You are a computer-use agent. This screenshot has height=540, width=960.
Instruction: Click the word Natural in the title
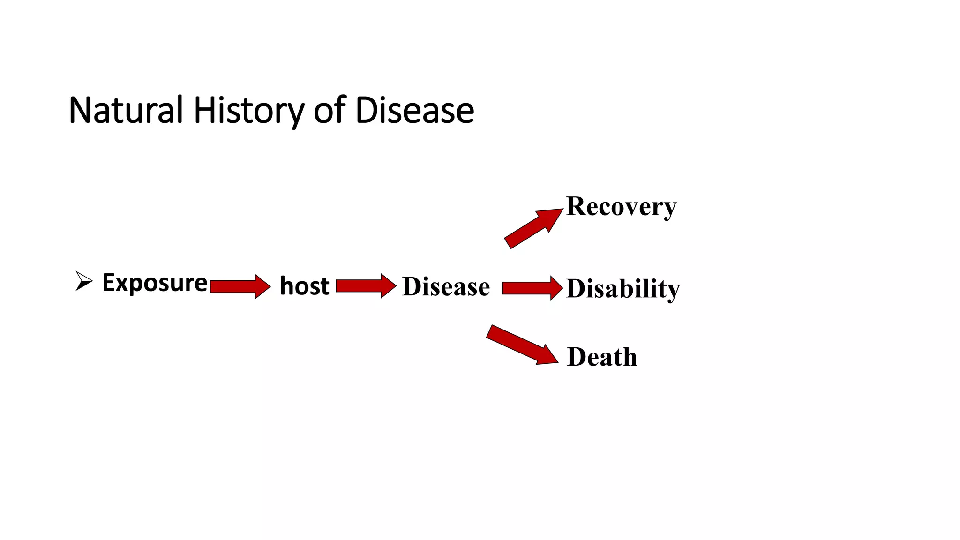click(x=125, y=111)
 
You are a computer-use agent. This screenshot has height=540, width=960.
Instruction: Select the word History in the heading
click(x=249, y=111)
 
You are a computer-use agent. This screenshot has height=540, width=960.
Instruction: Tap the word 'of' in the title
click(x=330, y=111)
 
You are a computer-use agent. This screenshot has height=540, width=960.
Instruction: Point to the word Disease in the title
click(x=415, y=111)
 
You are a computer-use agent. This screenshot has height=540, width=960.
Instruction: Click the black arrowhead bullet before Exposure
click(x=83, y=281)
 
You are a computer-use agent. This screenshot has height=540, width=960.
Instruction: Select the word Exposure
click(x=155, y=283)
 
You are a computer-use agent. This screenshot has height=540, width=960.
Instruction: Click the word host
click(x=304, y=286)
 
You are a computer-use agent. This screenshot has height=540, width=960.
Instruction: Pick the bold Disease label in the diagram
click(x=446, y=286)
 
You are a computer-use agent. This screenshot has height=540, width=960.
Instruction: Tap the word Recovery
click(x=621, y=206)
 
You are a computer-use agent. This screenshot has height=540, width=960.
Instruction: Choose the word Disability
click(x=622, y=288)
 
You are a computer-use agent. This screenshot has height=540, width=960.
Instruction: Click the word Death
click(x=602, y=357)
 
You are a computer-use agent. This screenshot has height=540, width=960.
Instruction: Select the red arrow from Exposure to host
click(x=240, y=286)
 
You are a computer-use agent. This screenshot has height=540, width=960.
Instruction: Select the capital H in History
click(x=204, y=111)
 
